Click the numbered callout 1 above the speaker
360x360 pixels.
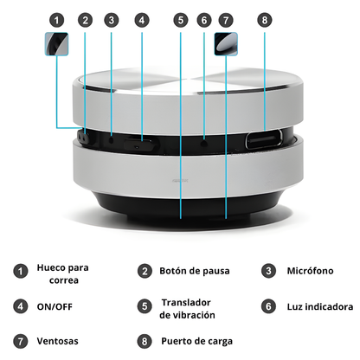point(57,19)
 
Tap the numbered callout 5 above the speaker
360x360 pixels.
point(180,19)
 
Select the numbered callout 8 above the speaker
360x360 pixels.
point(265,19)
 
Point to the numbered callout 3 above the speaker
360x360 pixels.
point(111,19)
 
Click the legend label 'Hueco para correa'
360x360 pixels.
point(62,273)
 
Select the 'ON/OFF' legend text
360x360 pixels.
point(55,305)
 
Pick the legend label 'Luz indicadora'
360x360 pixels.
point(318,306)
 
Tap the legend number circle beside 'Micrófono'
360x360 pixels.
point(268,271)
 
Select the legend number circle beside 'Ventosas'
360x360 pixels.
point(19,341)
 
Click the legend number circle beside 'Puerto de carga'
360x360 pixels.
point(144,341)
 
